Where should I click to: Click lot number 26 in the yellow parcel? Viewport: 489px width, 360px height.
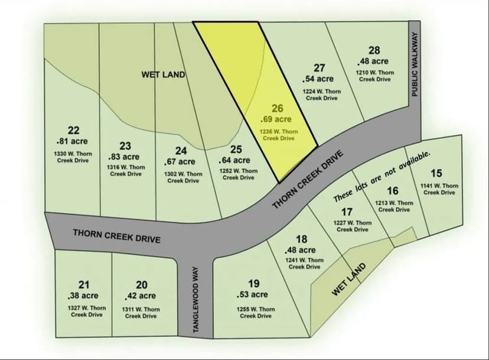point(278,108)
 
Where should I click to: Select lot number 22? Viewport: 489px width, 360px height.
point(74,130)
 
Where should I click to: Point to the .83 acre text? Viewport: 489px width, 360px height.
point(124,157)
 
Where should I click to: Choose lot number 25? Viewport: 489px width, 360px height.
point(236,150)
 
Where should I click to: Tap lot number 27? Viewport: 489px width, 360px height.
point(320,68)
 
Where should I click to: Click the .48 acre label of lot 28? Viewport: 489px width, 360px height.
point(373,61)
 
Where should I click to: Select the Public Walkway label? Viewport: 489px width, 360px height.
point(415,64)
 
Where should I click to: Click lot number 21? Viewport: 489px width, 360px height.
point(84,285)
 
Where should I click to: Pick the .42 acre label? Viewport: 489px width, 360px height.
point(141,296)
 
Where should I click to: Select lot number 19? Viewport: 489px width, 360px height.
point(254,284)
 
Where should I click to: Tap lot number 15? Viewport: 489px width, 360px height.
point(436,173)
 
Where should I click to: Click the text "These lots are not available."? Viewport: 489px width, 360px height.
point(382,175)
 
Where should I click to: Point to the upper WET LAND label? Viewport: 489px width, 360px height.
point(163,74)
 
